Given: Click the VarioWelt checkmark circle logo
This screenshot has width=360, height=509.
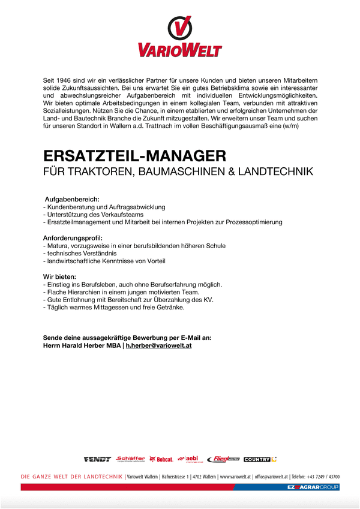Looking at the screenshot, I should pos(180,28).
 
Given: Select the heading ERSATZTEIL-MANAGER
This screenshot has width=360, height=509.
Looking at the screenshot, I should pos(134,156).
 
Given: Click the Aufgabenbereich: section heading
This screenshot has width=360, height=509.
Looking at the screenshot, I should pos(72,198).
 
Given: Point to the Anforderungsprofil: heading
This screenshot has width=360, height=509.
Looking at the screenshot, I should pos(73,238).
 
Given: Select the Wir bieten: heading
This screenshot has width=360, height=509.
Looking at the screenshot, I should pos(60,276).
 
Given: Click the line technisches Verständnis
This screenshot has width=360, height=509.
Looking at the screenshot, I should pos(80,254).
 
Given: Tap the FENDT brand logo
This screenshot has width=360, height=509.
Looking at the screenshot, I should pos(97,459).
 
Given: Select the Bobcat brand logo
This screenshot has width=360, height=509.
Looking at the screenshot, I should pos(161,459).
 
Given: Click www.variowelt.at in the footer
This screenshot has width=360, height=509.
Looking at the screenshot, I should pos(235,477).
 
